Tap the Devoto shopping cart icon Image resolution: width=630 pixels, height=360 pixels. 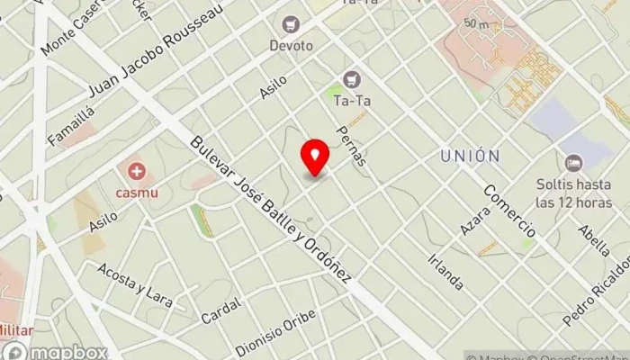pyautogui.click(x=291, y=23)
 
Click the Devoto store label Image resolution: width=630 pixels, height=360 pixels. pyautogui.click(x=291, y=44)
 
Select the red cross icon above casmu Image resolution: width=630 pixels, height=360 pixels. pyautogui.click(x=137, y=169)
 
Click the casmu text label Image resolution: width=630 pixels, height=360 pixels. pyautogui.click(x=137, y=191)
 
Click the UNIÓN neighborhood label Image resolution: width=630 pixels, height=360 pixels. pyautogui.click(x=470, y=156)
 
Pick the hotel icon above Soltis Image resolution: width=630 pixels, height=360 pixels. pyautogui.click(x=573, y=163)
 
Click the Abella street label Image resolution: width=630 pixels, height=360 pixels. pyautogui.click(x=595, y=239)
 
